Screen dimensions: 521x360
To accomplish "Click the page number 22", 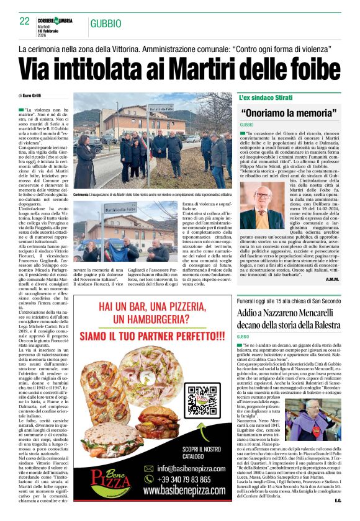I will [25, 21].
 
